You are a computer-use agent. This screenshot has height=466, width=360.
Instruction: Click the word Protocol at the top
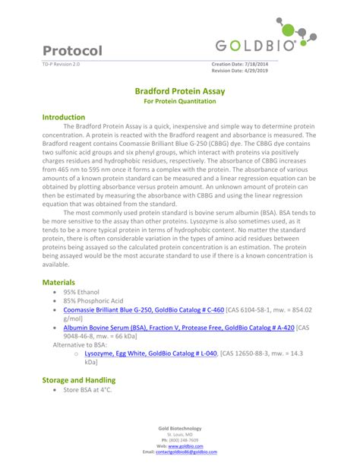[73, 51]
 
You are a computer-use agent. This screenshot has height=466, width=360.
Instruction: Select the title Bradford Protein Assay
[179, 90]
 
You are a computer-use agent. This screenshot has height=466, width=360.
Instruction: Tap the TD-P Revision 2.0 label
[60, 64]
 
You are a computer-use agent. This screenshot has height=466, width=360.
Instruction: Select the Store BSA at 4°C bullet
[87, 390]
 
